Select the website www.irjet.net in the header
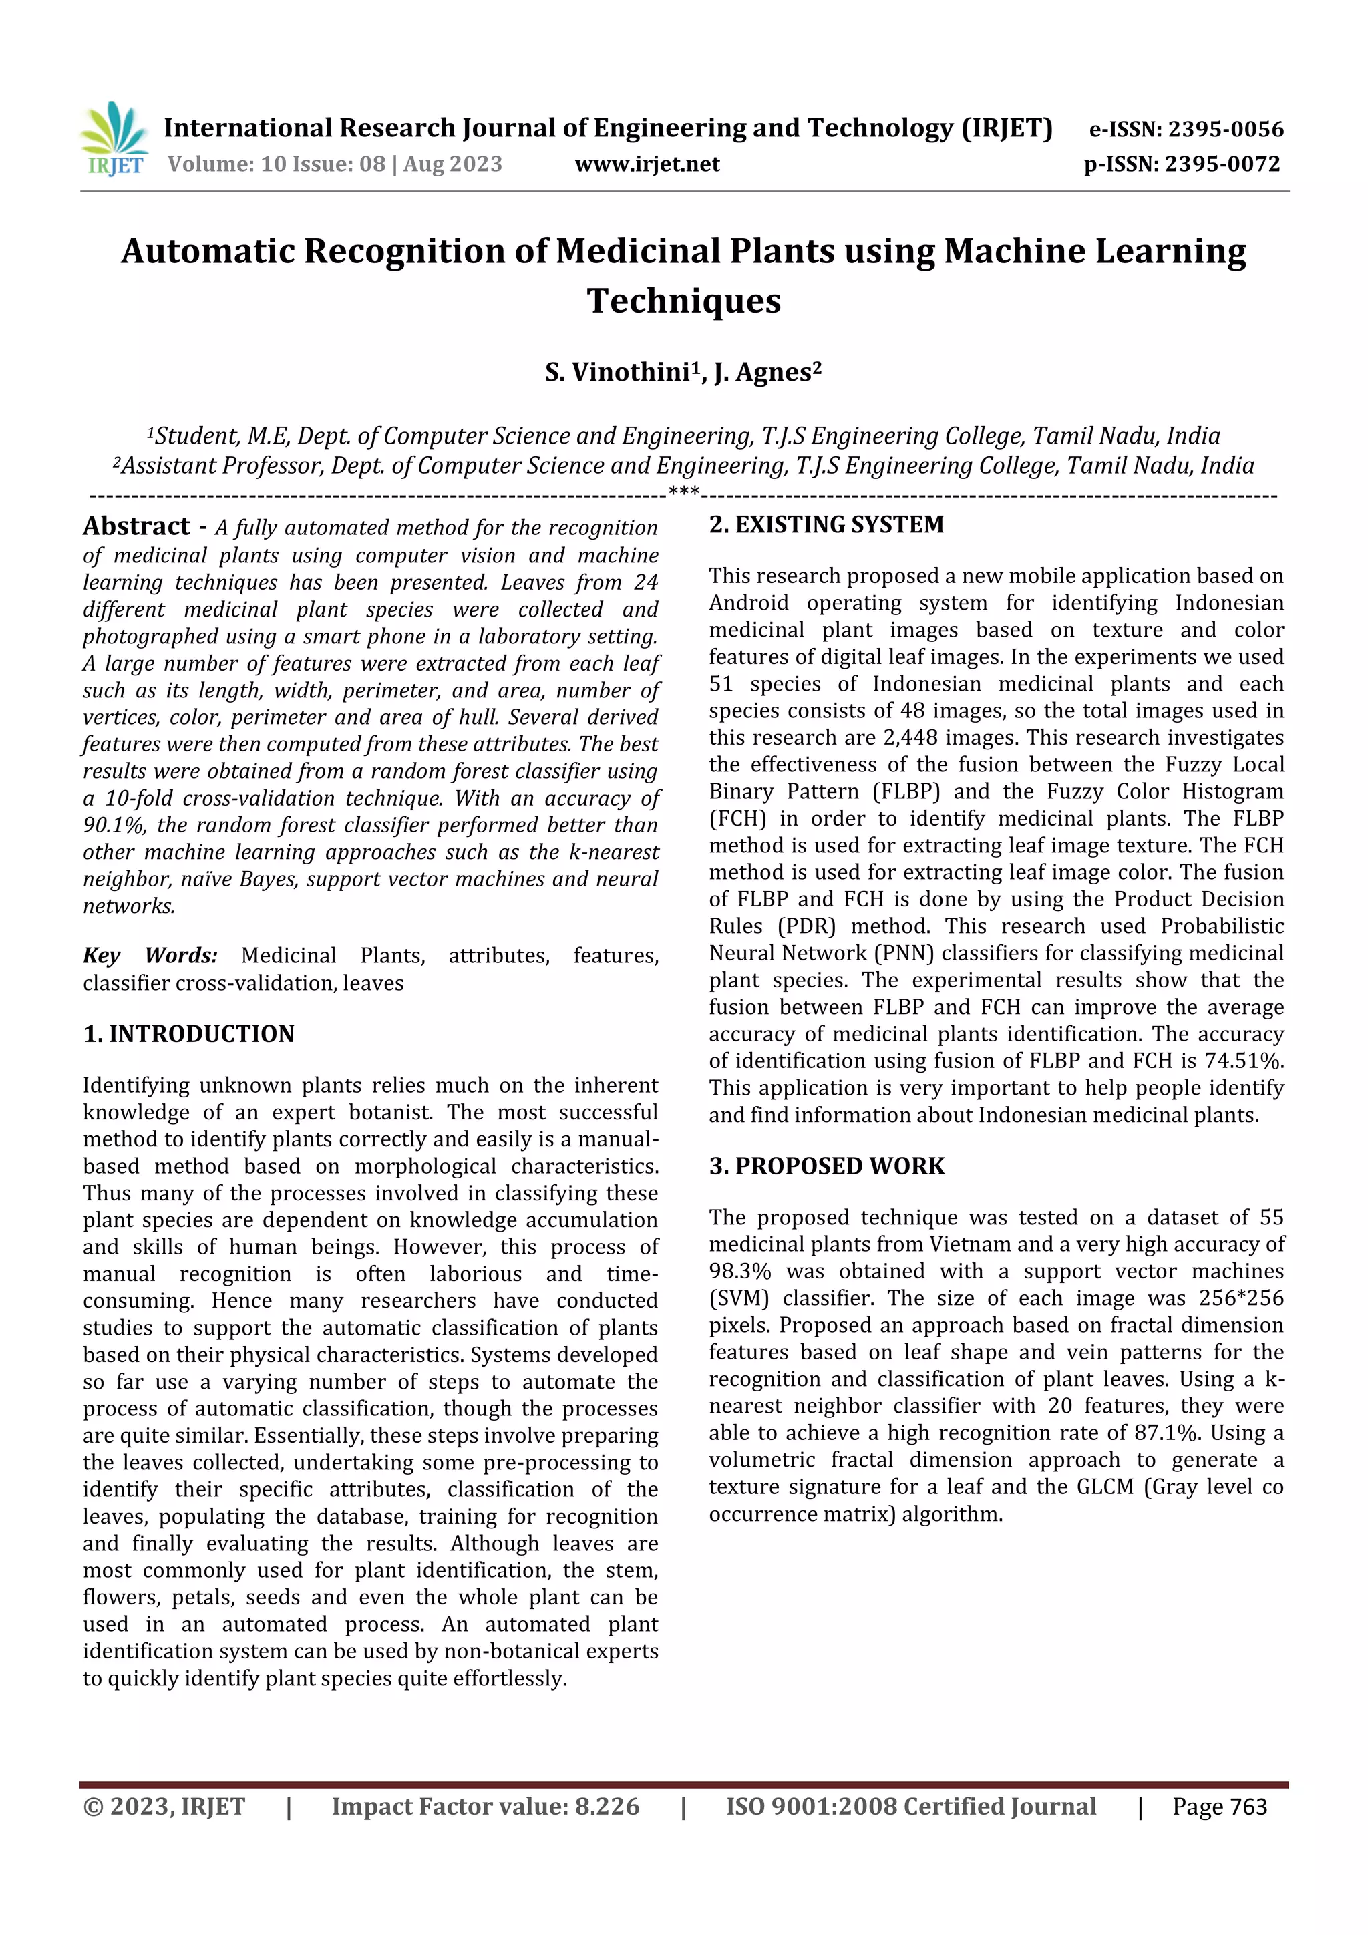coord(647,164)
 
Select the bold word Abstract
coord(136,527)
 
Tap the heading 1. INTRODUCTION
coord(189,1034)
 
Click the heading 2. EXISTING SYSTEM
coord(826,525)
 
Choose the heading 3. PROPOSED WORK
coord(826,1166)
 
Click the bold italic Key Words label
coord(150,956)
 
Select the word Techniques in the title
coord(683,301)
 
